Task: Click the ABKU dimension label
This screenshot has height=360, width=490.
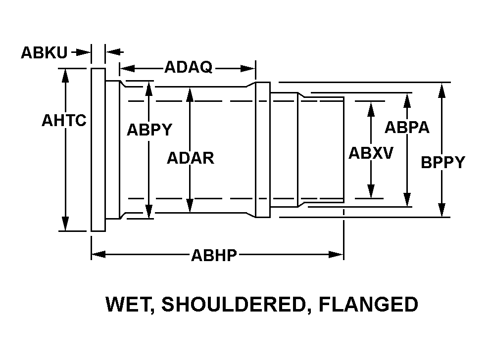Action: [x=44, y=52]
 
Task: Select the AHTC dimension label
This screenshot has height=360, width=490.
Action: [x=64, y=120]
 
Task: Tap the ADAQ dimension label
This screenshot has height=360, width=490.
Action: [x=188, y=67]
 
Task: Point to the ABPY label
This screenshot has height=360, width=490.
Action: [x=149, y=130]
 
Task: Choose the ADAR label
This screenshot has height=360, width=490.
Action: [x=190, y=158]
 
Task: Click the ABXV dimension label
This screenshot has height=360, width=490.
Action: [x=370, y=153]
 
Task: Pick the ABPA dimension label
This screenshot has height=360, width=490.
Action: [x=407, y=127]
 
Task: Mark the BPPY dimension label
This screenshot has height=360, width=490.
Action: [x=442, y=162]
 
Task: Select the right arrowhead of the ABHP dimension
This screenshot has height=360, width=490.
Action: [x=337, y=255]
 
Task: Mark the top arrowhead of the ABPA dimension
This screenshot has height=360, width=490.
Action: [x=407, y=99]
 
